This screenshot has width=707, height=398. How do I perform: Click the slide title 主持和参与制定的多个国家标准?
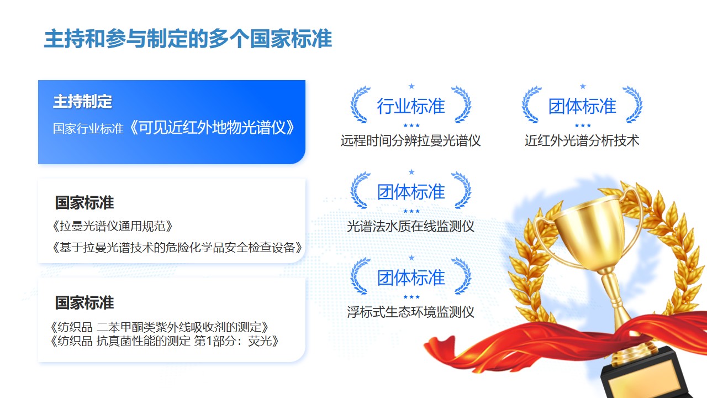tap(188, 39)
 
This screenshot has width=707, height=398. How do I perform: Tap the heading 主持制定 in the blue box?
tap(83, 101)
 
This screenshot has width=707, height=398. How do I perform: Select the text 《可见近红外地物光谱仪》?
tap(212, 128)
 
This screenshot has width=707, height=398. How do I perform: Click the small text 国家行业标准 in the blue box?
tap(88, 129)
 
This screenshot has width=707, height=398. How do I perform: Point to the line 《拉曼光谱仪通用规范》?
tap(112, 226)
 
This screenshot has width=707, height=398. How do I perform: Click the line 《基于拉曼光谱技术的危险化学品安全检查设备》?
tap(177, 247)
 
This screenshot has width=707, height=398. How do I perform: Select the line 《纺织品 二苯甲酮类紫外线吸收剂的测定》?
tap(160, 327)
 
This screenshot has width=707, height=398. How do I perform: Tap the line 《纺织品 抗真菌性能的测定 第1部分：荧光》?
tap(165, 341)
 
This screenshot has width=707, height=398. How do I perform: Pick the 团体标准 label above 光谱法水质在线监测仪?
tap(411, 192)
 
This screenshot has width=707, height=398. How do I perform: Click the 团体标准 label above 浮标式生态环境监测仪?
tap(411, 277)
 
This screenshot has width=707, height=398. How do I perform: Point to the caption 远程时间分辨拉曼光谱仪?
tap(410, 140)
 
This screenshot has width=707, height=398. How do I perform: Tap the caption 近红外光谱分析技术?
tap(582, 140)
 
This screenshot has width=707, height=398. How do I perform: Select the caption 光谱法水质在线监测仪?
tap(410, 226)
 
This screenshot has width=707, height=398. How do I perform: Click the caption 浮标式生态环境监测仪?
tap(410, 312)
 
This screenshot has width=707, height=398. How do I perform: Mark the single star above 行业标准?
tap(411, 86)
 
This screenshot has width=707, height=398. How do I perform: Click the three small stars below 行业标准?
tap(411, 125)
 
